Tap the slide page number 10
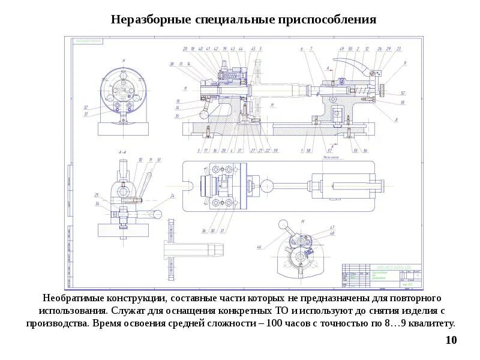pos(451,341)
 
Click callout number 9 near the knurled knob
pos(405,63)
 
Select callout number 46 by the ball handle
pos(259,247)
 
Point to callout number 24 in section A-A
pos(172,196)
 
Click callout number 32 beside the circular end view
pos(86,107)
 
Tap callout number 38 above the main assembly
pos(172,64)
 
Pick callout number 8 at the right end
pos(397,119)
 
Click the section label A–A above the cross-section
pos(122,152)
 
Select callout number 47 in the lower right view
pos(331,227)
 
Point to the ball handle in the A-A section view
pos(158,213)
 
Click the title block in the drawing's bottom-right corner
pos(382,275)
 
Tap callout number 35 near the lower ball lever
pos(178,115)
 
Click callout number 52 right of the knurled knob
pos(403,93)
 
